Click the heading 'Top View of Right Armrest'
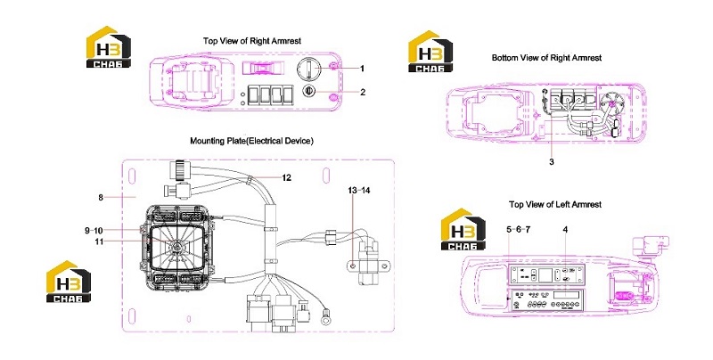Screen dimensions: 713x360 (252, 41)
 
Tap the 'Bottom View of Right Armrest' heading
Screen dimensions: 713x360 (546, 58)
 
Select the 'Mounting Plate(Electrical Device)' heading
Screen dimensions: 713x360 (251, 141)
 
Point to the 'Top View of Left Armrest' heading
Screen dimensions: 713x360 (555, 205)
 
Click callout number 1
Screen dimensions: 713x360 (363, 69)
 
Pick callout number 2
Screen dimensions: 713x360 (363, 93)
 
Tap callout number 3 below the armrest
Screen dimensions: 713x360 (552, 162)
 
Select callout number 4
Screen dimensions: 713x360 (565, 230)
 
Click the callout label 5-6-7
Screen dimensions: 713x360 (519, 230)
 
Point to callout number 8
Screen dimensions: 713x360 (101, 197)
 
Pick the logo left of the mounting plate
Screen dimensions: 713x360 (69, 281)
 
